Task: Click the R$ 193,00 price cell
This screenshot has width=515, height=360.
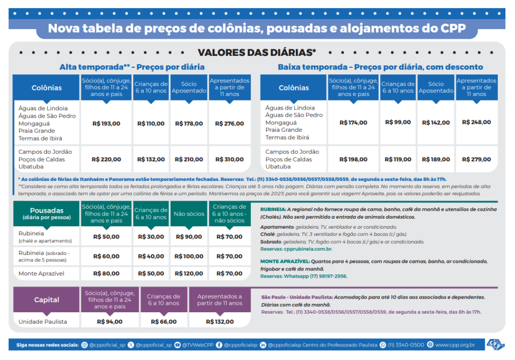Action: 106,124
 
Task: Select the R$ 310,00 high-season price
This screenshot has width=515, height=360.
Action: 229,159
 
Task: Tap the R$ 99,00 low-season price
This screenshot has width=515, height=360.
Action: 398,122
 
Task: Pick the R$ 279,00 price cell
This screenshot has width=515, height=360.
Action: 476,159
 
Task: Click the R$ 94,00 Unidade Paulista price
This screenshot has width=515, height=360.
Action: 109,322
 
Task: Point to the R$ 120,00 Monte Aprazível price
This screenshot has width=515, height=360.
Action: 189,274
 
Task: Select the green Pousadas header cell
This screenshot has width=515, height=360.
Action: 46,213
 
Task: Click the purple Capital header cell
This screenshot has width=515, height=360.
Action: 46,300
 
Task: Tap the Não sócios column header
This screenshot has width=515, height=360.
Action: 189,214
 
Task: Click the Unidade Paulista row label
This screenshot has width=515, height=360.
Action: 42,322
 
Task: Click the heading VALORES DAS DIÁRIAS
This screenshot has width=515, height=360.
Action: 256,53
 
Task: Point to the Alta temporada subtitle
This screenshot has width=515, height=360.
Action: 132,67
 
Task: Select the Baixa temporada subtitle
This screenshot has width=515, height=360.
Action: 380,67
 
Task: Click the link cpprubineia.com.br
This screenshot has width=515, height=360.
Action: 308,249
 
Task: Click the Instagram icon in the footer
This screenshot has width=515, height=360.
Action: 84,345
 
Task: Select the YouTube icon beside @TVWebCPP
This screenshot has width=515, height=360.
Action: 177,345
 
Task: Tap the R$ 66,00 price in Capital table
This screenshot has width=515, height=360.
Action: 163,322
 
